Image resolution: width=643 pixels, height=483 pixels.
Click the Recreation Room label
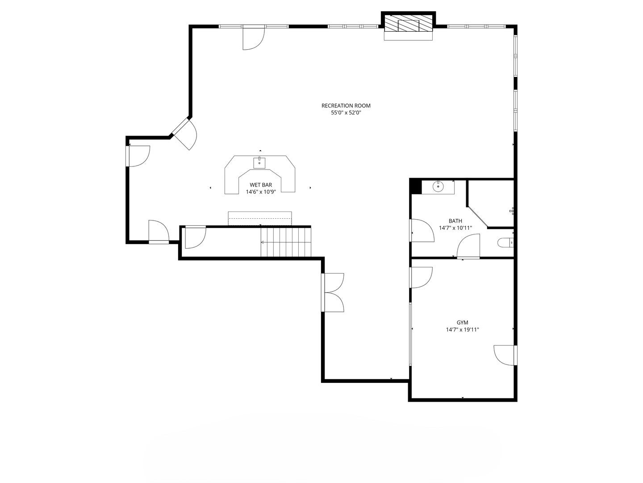point(346,106)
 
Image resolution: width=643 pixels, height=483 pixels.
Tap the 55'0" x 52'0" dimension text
point(346,113)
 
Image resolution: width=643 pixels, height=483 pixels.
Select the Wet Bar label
point(261,185)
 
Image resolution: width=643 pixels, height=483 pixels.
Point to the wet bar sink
point(259,163)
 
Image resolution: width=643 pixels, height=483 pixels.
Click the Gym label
point(462,322)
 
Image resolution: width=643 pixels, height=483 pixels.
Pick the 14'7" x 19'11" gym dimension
point(462,330)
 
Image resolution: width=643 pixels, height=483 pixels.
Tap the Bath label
point(455,221)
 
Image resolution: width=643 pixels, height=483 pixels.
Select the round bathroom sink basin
point(438,186)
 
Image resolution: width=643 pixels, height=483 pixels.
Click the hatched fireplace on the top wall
point(408,23)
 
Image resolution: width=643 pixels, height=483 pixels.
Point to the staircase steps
point(286,242)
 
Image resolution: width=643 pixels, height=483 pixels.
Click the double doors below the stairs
point(333,292)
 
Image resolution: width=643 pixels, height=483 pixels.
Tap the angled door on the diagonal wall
point(184,133)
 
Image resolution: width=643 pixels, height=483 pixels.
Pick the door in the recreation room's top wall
point(254,38)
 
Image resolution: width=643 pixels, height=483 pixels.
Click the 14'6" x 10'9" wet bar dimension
point(261,192)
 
